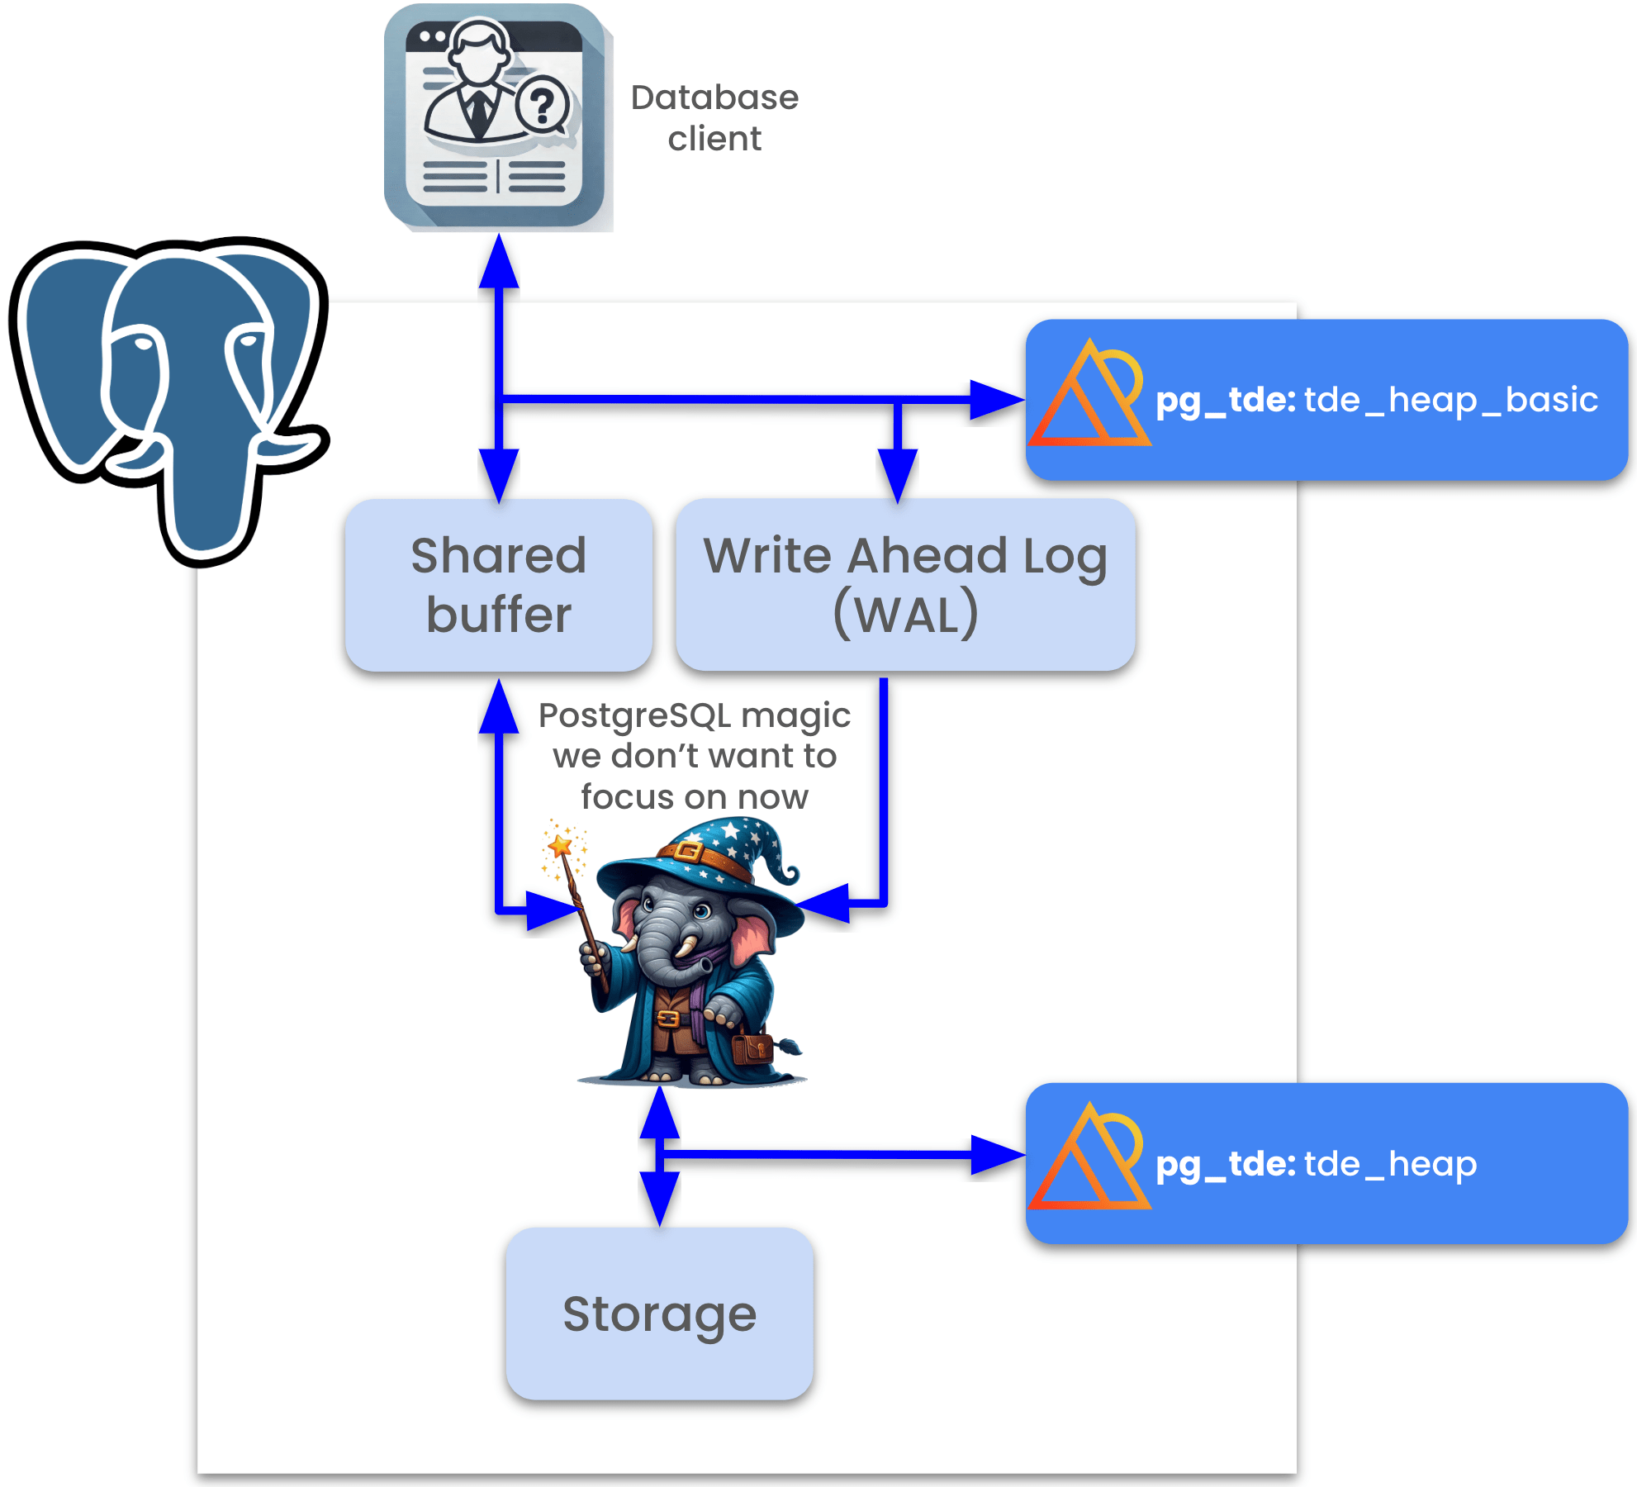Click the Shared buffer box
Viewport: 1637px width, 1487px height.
(x=499, y=585)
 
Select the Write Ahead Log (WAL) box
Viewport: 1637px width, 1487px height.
(x=905, y=585)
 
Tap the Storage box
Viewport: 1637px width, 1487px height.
(x=659, y=1314)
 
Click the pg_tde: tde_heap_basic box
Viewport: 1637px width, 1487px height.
(x=1326, y=400)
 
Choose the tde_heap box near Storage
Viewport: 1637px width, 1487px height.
(x=1326, y=1163)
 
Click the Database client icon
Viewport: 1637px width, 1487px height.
(x=495, y=116)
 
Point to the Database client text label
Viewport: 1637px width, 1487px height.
(x=714, y=117)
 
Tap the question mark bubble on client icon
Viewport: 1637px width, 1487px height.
(x=543, y=106)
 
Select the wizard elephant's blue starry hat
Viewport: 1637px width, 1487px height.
(x=702, y=859)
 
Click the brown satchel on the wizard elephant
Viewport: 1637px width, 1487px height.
(x=752, y=1048)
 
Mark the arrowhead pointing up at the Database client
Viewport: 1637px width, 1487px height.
(x=499, y=263)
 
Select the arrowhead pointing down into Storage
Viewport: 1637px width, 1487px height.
(x=660, y=1198)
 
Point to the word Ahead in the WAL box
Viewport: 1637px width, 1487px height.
(x=928, y=555)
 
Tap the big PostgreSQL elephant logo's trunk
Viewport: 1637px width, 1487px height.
(x=202, y=496)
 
